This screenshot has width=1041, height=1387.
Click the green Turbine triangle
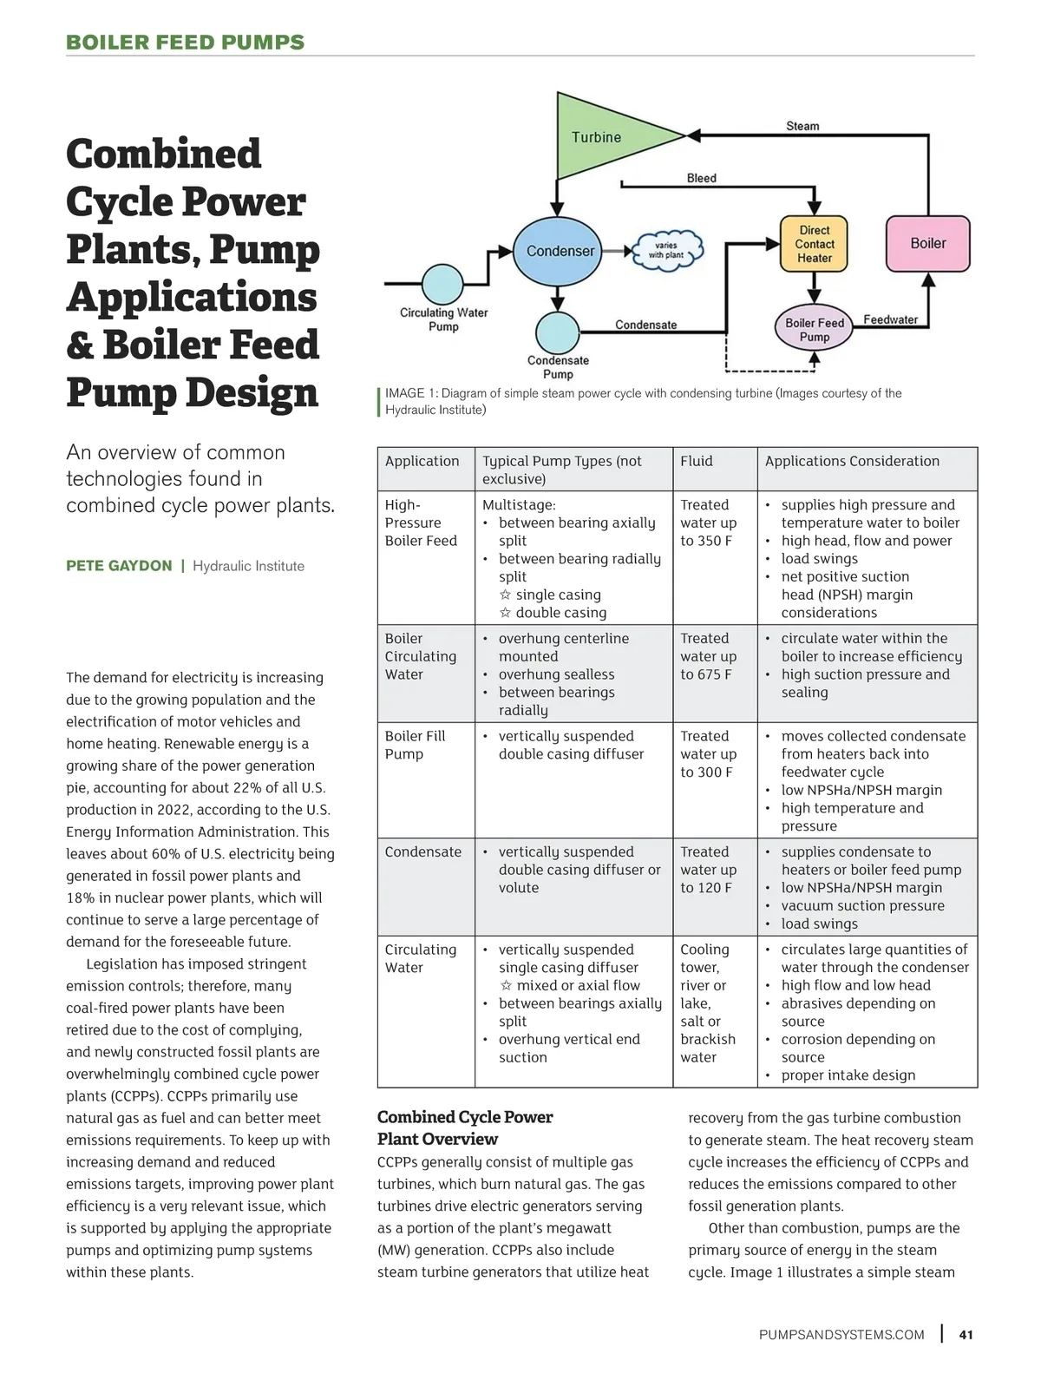click(x=599, y=136)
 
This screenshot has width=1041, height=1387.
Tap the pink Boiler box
click(x=927, y=244)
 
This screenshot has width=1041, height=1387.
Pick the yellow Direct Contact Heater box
click(x=814, y=244)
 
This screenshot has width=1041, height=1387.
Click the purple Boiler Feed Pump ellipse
click(x=814, y=329)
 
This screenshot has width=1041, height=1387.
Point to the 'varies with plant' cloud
click(x=666, y=251)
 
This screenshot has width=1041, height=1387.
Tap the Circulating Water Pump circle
click(x=442, y=284)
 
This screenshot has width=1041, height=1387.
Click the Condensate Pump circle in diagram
click(x=557, y=331)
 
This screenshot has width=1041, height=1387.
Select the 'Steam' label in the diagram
click(x=802, y=126)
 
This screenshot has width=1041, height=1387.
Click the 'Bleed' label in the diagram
click(x=701, y=178)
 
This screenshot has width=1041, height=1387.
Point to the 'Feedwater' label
click(x=890, y=319)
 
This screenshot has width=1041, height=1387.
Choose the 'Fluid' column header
click(x=697, y=461)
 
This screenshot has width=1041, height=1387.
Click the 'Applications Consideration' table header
click(x=852, y=461)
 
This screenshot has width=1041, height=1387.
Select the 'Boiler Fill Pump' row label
click(x=415, y=745)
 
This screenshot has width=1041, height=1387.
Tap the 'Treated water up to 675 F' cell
click(x=708, y=656)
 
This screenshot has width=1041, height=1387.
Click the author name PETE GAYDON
click(x=119, y=566)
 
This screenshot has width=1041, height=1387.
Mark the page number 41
click(x=966, y=1335)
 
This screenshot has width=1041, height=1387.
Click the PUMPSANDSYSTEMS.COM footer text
click(x=841, y=1335)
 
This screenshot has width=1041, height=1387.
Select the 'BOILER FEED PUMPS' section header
click(x=186, y=43)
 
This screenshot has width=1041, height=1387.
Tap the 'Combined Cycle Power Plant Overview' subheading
click(x=465, y=1127)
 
